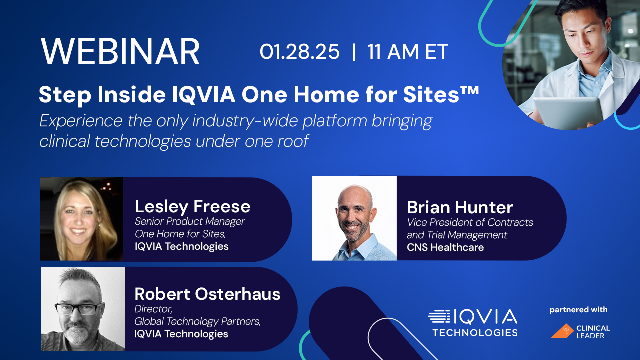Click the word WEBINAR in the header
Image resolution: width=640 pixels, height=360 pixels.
pyautogui.click(x=120, y=51)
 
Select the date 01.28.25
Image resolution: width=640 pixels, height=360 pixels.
pyautogui.click(x=299, y=52)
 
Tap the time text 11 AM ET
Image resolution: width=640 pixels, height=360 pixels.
pyautogui.click(x=407, y=52)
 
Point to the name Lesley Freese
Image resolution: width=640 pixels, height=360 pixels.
pyautogui.click(x=192, y=206)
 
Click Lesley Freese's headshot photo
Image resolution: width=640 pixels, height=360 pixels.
pyautogui.click(x=82, y=219)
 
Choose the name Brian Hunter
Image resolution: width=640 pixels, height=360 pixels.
pyautogui.click(x=460, y=207)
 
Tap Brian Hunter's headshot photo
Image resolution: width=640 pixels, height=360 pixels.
pyautogui.click(x=354, y=218)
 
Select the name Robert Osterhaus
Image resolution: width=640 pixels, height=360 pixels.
pyautogui.click(x=207, y=294)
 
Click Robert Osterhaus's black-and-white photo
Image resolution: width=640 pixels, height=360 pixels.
pyautogui.click(x=83, y=309)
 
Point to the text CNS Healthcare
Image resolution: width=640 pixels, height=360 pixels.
pyautogui.click(x=445, y=247)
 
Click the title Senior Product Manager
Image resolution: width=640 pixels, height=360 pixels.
pyautogui.click(x=190, y=221)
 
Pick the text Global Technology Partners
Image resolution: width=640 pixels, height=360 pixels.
pyautogui.click(x=197, y=321)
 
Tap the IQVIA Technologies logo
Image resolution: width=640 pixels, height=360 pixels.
pyautogui.click(x=472, y=322)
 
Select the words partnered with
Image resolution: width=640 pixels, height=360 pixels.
pyautogui.click(x=578, y=310)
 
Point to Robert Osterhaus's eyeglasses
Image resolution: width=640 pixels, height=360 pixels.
pyautogui.click(x=77, y=308)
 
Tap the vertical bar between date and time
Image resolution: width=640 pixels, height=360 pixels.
pyautogui.click(x=354, y=52)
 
